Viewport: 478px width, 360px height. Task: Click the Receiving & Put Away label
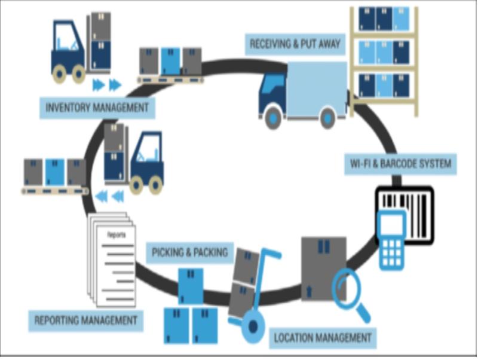click(x=295, y=44)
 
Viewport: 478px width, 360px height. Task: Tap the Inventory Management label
click(x=97, y=108)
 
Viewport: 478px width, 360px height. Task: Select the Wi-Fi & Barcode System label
click(x=400, y=164)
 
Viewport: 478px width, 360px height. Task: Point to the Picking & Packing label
click(x=190, y=252)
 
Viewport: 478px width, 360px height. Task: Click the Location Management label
click(x=323, y=338)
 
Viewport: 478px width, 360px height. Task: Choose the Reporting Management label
click(x=85, y=321)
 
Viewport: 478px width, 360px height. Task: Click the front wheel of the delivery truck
click(x=273, y=117)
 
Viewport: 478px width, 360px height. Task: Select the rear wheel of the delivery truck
click(x=327, y=118)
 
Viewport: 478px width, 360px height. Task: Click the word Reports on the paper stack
click(x=117, y=235)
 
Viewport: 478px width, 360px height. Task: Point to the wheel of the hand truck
click(x=253, y=327)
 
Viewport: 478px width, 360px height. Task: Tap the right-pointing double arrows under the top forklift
click(x=107, y=85)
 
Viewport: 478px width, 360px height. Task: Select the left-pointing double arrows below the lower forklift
click(x=110, y=196)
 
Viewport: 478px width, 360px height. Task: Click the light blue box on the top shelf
click(x=401, y=19)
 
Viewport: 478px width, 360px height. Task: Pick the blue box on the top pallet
click(x=170, y=61)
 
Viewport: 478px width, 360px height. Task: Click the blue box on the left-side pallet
click(x=55, y=172)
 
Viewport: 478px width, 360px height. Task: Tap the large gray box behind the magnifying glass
click(x=324, y=269)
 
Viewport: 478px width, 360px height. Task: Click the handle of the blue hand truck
click(x=271, y=253)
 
